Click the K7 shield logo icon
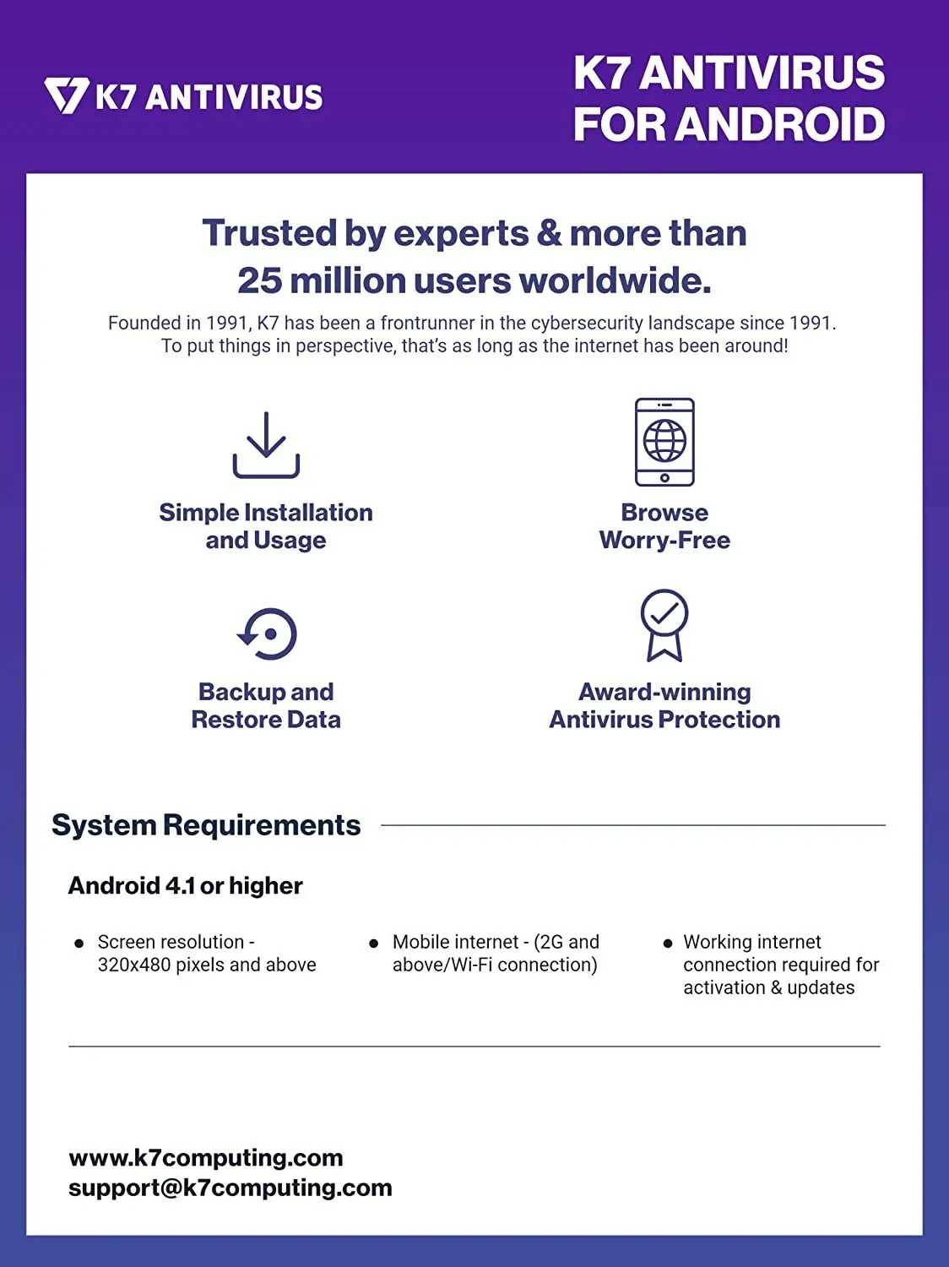click(x=67, y=95)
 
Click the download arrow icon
click(x=266, y=445)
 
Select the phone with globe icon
click(x=664, y=442)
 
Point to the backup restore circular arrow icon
click(x=267, y=633)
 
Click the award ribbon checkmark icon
click(x=664, y=625)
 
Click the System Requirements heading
click(x=206, y=825)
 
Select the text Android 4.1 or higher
click(x=185, y=885)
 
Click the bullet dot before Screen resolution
click(x=79, y=943)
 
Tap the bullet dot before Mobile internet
click(x=374, y=943)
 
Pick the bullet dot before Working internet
click(x=668, y=943)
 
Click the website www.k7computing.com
click(x=206, y=1158)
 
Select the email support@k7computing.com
click(x=230, y=1188)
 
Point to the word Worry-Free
click(x=664, y=541)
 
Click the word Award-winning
click(x=664, y=692)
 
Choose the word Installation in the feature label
click(x=308, y=513)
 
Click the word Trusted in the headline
click(x=269, y=233)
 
